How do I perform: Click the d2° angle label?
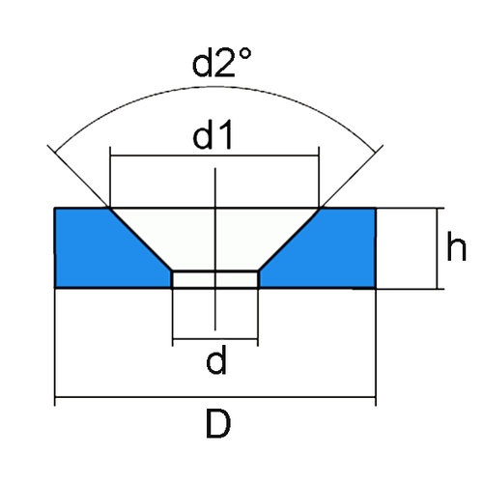coord(221,63)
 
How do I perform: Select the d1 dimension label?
coord(213,135)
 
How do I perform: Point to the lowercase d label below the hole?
coord(216,359)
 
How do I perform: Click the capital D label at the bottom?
coord(218,424)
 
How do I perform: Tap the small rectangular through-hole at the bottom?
coord(215,279)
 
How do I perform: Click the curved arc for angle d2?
coord(215,87)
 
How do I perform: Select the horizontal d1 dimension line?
coord(214,156)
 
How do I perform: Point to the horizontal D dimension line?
coord(215,397)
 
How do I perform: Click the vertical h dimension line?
coord(438,248)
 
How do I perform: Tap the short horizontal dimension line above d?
coord(215,339)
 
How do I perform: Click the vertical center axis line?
coord(215,249)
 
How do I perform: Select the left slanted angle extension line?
coord(77,176)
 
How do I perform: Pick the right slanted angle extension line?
coord(353,176)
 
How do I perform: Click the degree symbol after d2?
coord(245,54)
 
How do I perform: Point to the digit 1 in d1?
coord(226,135)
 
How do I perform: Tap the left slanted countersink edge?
coord(140,240)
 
